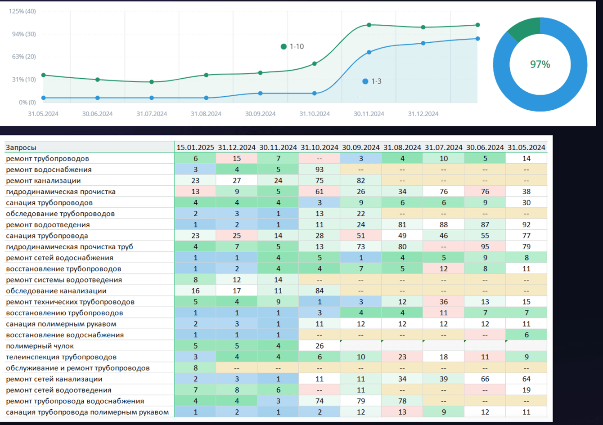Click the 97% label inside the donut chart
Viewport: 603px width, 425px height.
pos(540,64)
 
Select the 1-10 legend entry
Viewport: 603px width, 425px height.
pos(292,46)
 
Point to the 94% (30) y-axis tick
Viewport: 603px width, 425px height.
pos(22,34)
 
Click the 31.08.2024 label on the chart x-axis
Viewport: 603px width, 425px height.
pos(206,114)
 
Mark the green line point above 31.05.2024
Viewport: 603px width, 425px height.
pos(43,75)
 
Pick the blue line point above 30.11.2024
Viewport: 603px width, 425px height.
pos(369,52)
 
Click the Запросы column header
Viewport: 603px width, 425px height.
pos(21,148)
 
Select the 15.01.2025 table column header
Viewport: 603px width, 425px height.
pos(195,148)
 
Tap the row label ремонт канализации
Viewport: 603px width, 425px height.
pos(43,181)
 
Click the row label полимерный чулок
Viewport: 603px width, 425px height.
pos(40,346)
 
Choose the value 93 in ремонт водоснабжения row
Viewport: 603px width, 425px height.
pos(319,170)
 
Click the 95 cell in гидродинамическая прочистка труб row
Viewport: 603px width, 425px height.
pos(485,247)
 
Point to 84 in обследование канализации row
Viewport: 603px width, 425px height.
pos(319,291)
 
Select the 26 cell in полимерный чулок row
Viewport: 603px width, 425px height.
pos(319,346)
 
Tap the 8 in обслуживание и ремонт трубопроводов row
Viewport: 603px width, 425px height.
pos(195,368)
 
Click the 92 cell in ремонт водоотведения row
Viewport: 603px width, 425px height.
pos(526,225)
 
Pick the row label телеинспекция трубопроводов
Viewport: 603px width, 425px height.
pos(61,357)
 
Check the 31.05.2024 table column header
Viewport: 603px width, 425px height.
pos(526,148)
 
